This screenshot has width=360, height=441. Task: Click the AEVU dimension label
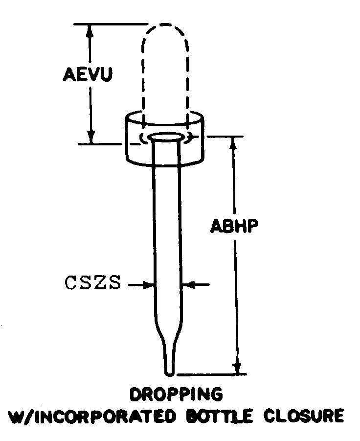(89, 75)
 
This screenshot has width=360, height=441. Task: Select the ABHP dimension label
(234, 226)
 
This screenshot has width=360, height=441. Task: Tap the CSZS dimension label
(92, 284)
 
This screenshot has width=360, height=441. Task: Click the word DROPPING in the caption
(176, 394)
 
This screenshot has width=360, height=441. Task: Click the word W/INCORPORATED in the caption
(93, 416)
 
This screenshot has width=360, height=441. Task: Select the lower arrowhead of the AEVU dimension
(90, 139)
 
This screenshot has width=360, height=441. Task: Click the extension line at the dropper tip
(210, 375)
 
